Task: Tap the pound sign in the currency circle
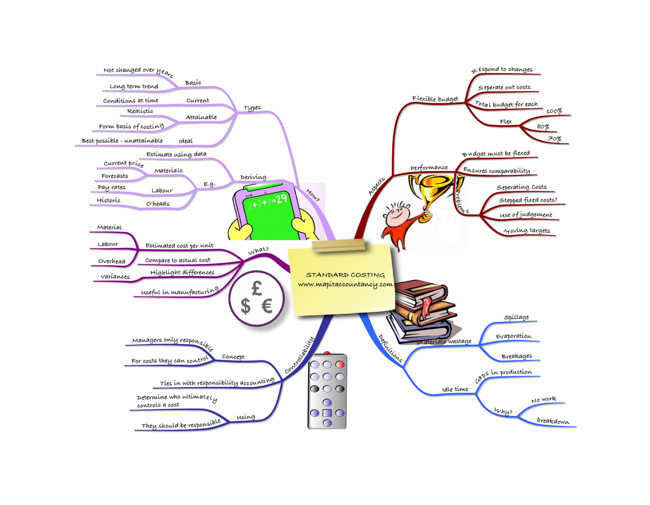coord(257,287)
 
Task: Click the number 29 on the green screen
coord(281,199)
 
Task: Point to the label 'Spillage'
coord(516,318)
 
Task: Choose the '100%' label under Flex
coord(554,112)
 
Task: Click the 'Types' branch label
coord(252,108)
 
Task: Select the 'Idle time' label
coord(455,389)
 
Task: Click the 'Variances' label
coord(115,277)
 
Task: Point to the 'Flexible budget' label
coord(435,99)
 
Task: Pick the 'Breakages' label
coord(516,357)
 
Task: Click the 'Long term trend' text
coord(134,87)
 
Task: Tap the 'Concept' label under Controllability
coord(233,357)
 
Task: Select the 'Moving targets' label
coord(527,231)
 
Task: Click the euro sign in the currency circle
coord(266,307)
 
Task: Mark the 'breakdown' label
coord(552,421)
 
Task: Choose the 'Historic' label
coord(108,200)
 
